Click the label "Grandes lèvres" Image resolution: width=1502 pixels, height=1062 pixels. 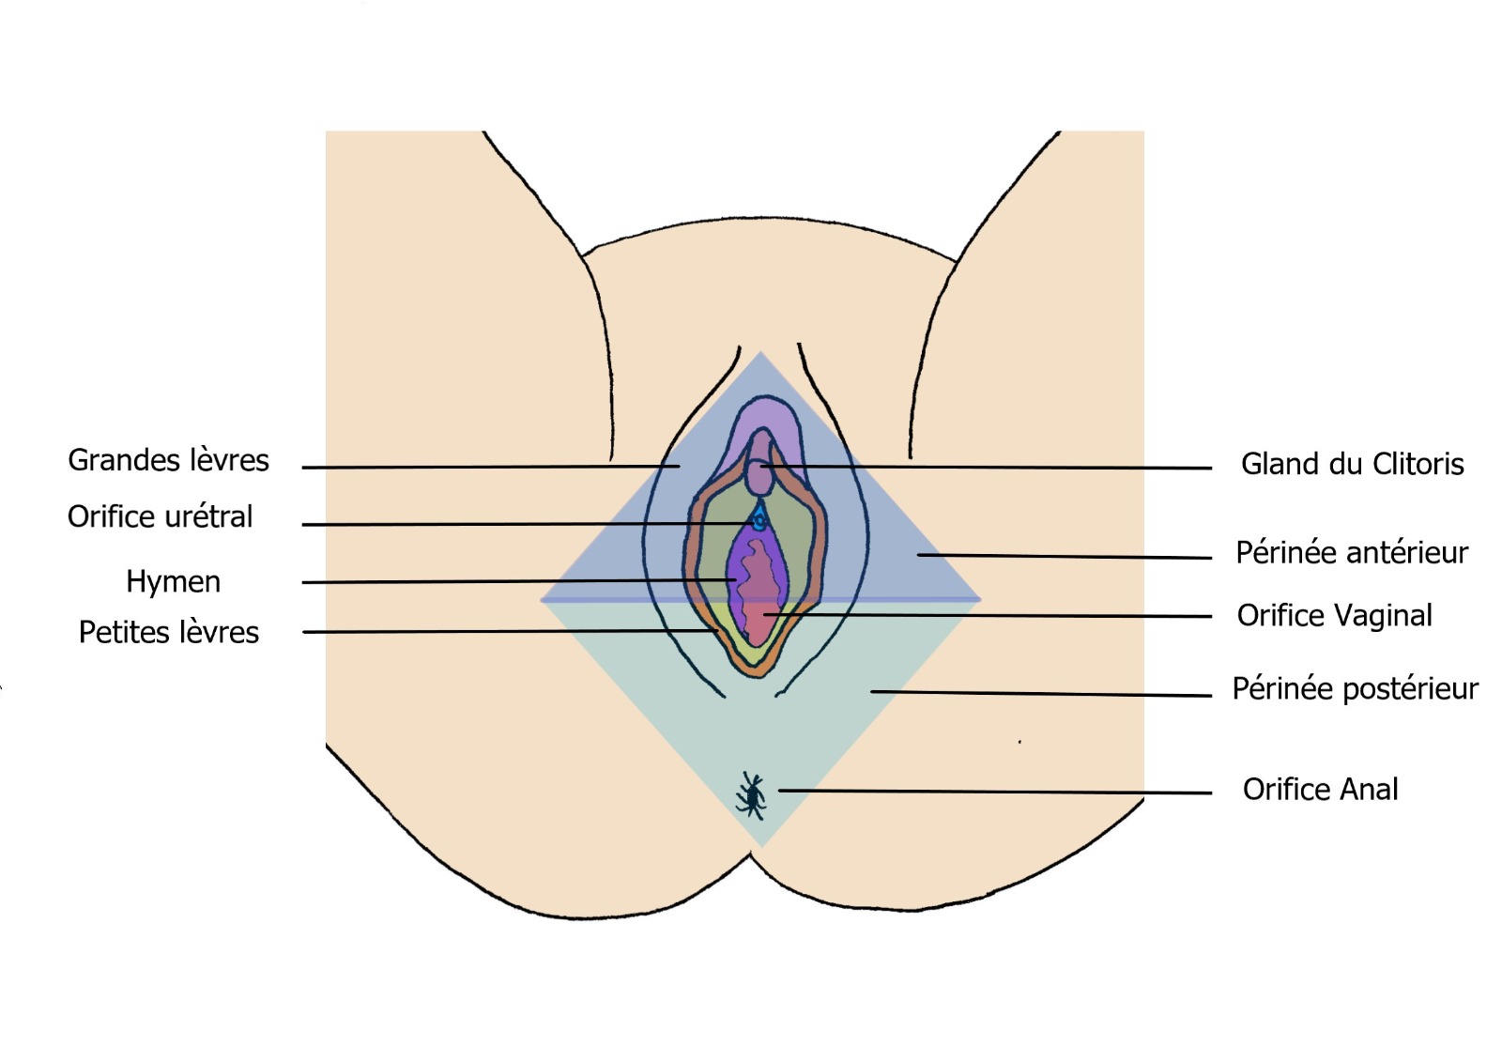(168, 460)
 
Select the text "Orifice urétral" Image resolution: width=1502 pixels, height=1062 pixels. (160, 516)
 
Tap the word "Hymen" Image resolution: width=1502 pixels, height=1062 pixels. (173, 582)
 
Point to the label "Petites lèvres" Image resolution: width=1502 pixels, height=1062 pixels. (168, 632)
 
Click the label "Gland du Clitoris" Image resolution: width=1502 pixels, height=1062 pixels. (1352, 464)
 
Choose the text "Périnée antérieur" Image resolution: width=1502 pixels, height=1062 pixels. (1351, 552)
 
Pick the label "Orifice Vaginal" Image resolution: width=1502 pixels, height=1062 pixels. (1334, 615)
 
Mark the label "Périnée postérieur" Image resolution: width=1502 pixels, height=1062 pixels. (1355, 688)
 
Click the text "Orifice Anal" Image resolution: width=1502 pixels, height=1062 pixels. (1320, 789)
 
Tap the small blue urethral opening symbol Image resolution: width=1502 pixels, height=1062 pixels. (759, 518)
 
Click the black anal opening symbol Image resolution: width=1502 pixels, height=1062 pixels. (751, 796)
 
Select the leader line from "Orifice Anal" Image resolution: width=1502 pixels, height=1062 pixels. (995, 792)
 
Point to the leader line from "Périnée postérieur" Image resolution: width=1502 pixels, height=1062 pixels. (1042, 694)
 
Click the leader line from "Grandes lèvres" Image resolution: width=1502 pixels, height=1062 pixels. (488, 467)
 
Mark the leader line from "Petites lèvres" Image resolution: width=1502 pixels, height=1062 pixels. (507, 631)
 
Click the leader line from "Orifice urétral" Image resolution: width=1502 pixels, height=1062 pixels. (526, 524)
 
